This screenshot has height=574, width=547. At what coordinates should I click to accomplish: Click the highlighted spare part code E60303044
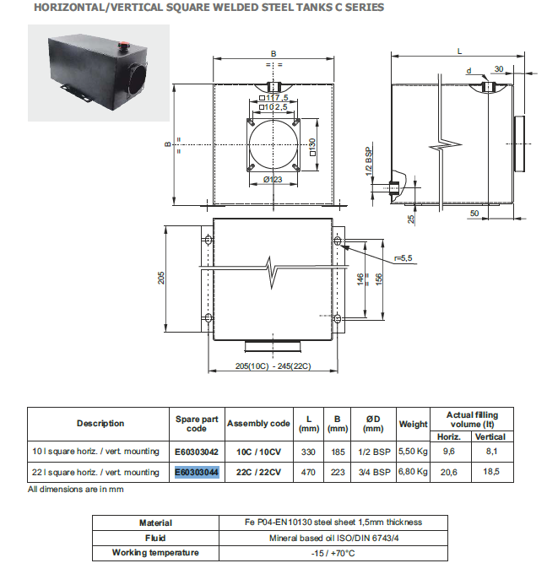tap(197, 472)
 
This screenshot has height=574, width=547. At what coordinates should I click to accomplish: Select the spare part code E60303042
tap(197, 452)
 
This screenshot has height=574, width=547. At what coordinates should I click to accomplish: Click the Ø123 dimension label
tap(272, 179)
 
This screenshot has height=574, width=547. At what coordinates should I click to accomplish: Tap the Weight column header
tap(414, 423)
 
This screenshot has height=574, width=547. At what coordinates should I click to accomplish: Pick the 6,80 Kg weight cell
tap(414, 472)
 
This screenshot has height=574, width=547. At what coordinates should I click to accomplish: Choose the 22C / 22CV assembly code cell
tap(258, 472)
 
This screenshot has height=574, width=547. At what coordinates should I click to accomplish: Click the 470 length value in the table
tap(309, 472)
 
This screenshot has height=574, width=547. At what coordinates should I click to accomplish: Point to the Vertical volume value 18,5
tap(490, 472)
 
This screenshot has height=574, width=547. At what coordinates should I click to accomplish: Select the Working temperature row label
tap(156, 552)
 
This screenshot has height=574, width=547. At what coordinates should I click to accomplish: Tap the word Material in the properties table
tap(155, 523)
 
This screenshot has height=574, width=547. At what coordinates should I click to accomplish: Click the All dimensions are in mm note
tap(76, 489)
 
